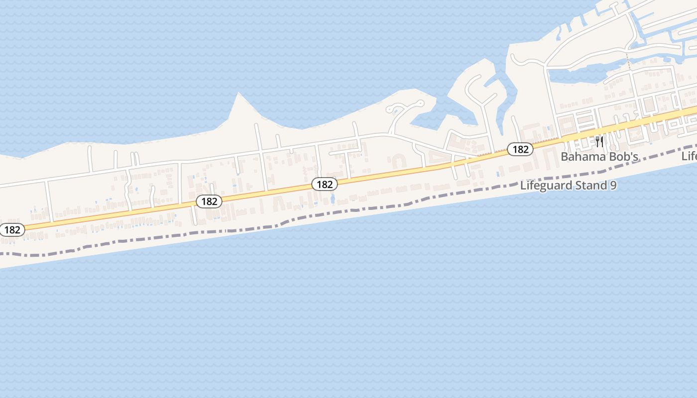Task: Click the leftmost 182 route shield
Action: tap(12, 230)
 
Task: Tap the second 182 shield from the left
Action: tap(209, 201)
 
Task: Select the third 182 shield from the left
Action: tap(325, 184)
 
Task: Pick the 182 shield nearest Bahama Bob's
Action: tap(520, 149)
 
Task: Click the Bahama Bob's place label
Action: tap(599, 157)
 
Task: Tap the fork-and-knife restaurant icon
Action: tap(599, 141)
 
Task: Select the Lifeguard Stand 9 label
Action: tap(569, 186)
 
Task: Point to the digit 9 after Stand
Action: tap(613, 186)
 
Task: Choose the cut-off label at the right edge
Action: tap(690, 156)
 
